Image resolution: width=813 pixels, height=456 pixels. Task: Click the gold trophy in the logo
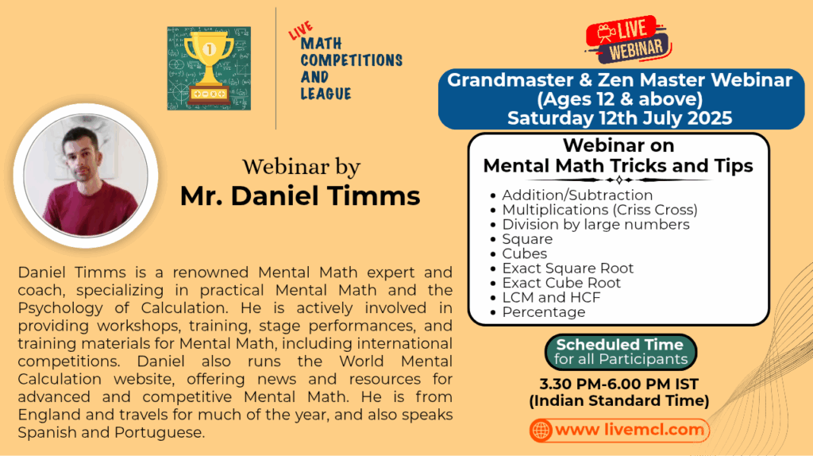[x=209, y=68]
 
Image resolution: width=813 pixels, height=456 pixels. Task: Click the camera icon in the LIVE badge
[x=605, y=33]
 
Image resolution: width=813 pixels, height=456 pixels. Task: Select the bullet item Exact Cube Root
[x=561, y=283]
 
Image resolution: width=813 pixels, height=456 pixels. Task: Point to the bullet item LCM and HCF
[x=551, y=297]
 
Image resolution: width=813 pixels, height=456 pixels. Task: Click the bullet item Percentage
[x=543, y=311]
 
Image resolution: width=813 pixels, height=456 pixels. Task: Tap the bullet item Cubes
[x=524, y=253]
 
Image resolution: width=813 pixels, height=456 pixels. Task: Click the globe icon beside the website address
[x=541, y=430]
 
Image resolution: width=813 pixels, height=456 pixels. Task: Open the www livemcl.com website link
[x=629, y=430]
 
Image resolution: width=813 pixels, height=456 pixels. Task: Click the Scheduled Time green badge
[x=621, y=352]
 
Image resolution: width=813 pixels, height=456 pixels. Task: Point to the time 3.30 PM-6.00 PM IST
[x=619, y=384]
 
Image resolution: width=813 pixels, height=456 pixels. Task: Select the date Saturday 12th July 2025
[x=619, y=118]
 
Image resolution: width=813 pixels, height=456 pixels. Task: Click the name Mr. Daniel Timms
[x=299, y=195]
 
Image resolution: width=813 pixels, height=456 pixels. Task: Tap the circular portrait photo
[x=86, y=176]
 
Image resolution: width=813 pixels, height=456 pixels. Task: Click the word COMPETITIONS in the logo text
[x=352, y=60]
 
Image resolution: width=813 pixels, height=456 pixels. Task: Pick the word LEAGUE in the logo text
[x=326, y=94]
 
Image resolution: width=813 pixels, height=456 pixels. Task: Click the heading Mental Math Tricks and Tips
[x=618, y=166]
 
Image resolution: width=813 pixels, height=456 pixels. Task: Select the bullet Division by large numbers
[x=595, y=224]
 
